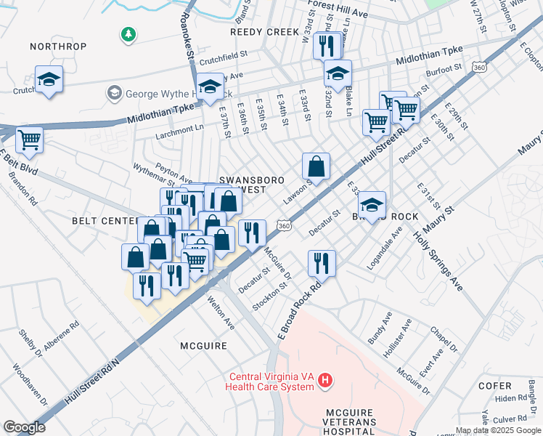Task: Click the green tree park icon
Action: [x=128, y=34]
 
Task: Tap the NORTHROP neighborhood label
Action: [x=58, y=47]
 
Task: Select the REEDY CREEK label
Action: [x=264, y=32]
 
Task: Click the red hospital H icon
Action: [x=326, y=379]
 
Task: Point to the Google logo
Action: [x=24, y=427]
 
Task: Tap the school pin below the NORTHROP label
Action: [x=49, y=79]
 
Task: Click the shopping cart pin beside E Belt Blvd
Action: [x=29, y=140]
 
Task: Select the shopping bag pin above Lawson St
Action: [x=317, y=166]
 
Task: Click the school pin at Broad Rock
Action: [x=372, y=205]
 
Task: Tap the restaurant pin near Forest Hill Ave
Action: [x=327, y=46]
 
